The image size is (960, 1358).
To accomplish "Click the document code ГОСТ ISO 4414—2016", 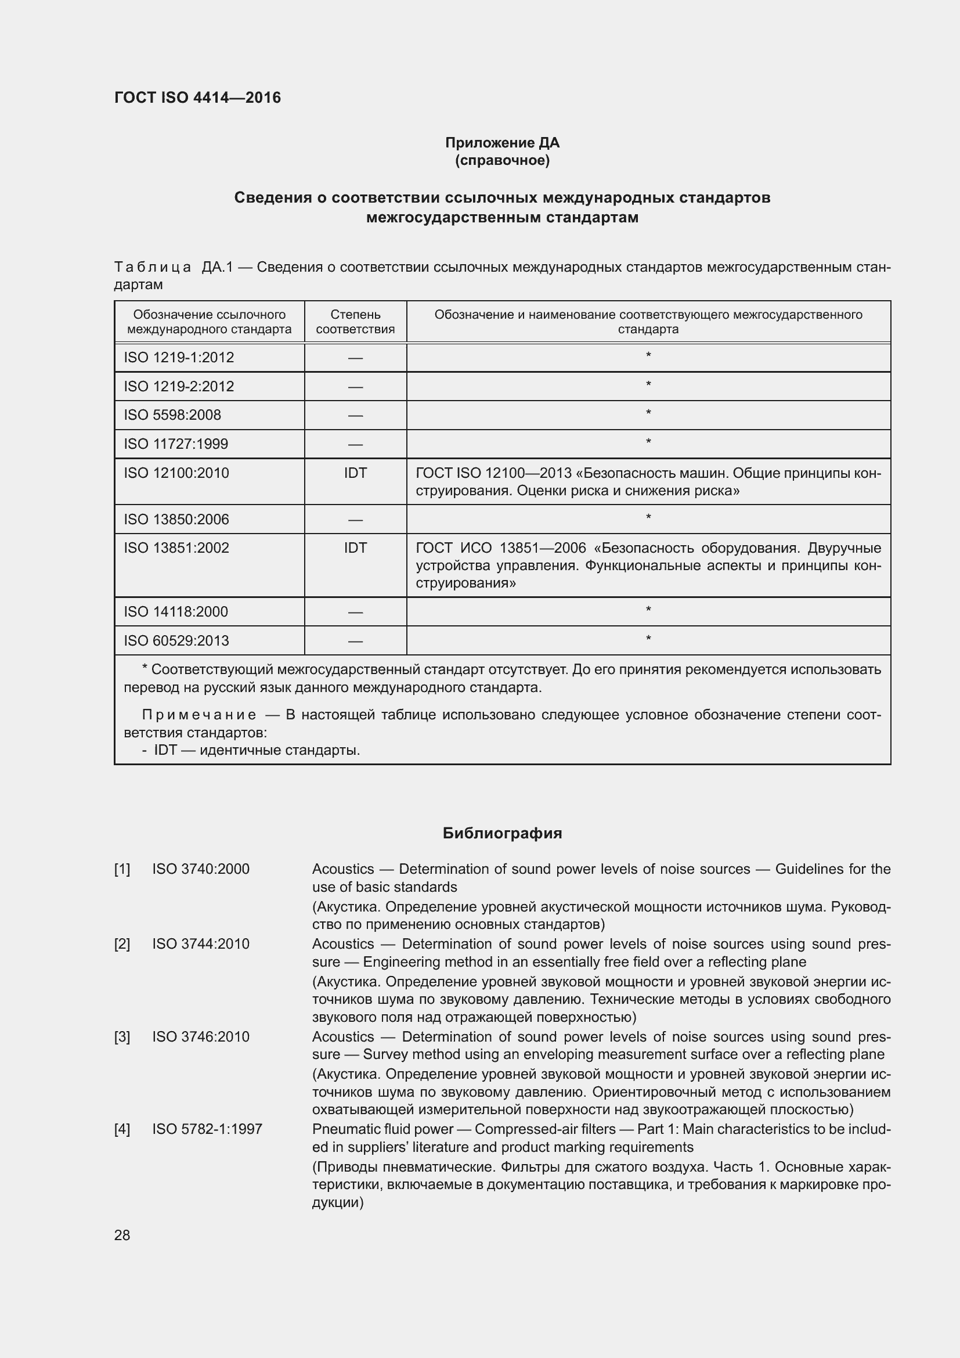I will click(x=197, y=98).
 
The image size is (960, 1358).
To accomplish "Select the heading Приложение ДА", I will click(x=502, y=143).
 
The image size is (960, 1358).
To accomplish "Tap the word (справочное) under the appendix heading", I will click(x=502, y=160).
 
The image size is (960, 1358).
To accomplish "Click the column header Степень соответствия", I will click(x=355, y=322).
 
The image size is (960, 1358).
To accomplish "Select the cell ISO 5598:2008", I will click(x=172, y=415).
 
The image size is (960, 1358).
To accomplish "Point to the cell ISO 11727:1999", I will click(x=175, y=444).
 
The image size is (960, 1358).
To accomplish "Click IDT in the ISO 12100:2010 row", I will click(x=355, y=473).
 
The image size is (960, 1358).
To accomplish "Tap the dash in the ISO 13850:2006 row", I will click(x=355, y=519).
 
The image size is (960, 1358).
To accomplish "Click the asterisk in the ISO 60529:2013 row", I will click(x=648, y=639).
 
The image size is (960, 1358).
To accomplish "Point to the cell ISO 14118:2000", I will click(x=175, y=611).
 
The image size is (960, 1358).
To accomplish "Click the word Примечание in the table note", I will click(x=199, y=715).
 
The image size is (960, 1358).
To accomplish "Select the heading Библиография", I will click(x=502, y=833).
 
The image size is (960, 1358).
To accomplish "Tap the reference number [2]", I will click(x=122, y=944).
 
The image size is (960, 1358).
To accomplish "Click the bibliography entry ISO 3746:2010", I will click(x=200, y=1037).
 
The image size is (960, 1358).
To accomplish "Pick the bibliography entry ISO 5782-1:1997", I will click(x=207, y=1129).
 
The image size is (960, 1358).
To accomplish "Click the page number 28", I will click(x=122, y=1235).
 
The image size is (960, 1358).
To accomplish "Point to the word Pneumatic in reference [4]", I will click(x=341, y=1129).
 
